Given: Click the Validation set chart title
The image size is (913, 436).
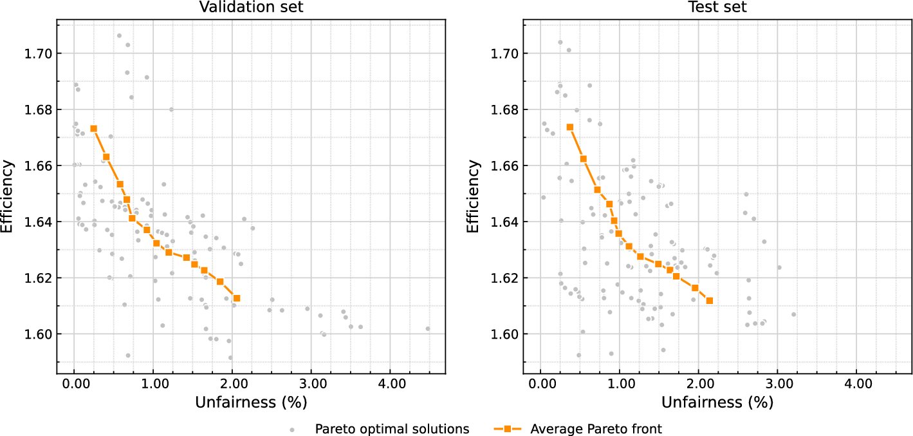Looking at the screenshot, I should pos(251,8).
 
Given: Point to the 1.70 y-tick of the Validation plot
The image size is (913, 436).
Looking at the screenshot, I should pos(37,53).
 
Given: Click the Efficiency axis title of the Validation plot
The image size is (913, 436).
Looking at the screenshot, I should pos(8,196).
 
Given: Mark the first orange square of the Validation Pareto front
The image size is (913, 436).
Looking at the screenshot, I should pos(93,128).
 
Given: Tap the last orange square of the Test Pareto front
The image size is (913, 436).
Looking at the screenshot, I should pos(710,301).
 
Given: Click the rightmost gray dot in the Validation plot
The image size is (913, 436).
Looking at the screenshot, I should pos(428,328).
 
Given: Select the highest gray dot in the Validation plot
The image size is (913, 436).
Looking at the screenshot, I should pos(119,35).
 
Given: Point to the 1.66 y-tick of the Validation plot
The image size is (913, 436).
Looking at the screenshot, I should pos(37,166).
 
